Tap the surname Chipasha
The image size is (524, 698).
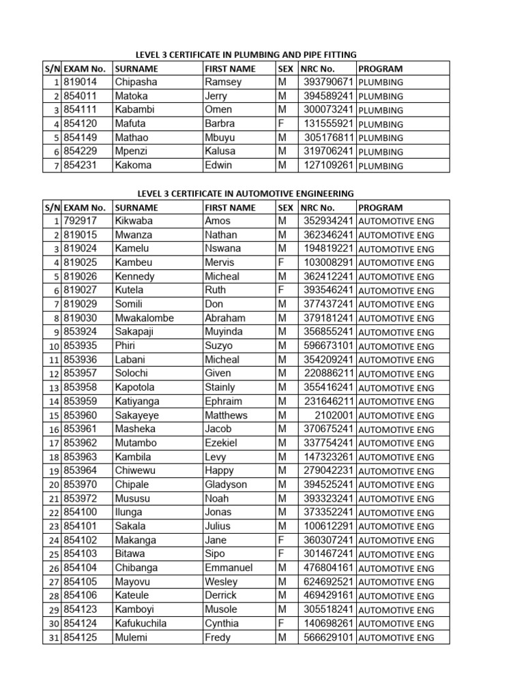coord(136,82)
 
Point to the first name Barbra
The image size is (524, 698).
coord(220,124)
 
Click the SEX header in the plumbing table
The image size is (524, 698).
coord(286,68)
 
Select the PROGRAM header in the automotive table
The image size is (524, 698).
coord(380,207)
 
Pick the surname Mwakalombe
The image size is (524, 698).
coord(145,318)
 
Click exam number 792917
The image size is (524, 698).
coord(80,221)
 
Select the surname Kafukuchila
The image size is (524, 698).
coord(141,624)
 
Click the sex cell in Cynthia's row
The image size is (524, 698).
coord(282,624)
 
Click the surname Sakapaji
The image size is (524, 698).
coord(136,332)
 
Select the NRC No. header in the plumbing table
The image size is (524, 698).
coord(317,68)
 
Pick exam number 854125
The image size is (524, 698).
coord(80,638)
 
